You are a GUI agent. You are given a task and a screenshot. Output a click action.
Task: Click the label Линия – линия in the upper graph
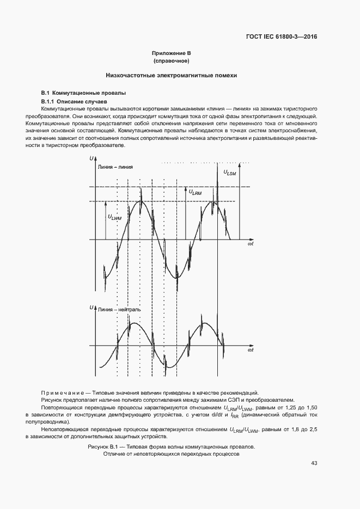(115, 167)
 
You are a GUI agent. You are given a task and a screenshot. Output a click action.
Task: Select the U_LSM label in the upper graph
(229, 173)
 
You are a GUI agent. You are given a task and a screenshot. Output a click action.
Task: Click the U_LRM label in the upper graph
(195, 192)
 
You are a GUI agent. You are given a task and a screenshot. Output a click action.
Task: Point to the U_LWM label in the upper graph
(115, 217)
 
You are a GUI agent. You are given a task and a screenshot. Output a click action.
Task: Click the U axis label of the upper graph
(90, 158)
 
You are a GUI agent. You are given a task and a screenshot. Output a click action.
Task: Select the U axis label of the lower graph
(90, 308)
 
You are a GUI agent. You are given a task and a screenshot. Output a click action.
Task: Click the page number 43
(314, 463)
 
